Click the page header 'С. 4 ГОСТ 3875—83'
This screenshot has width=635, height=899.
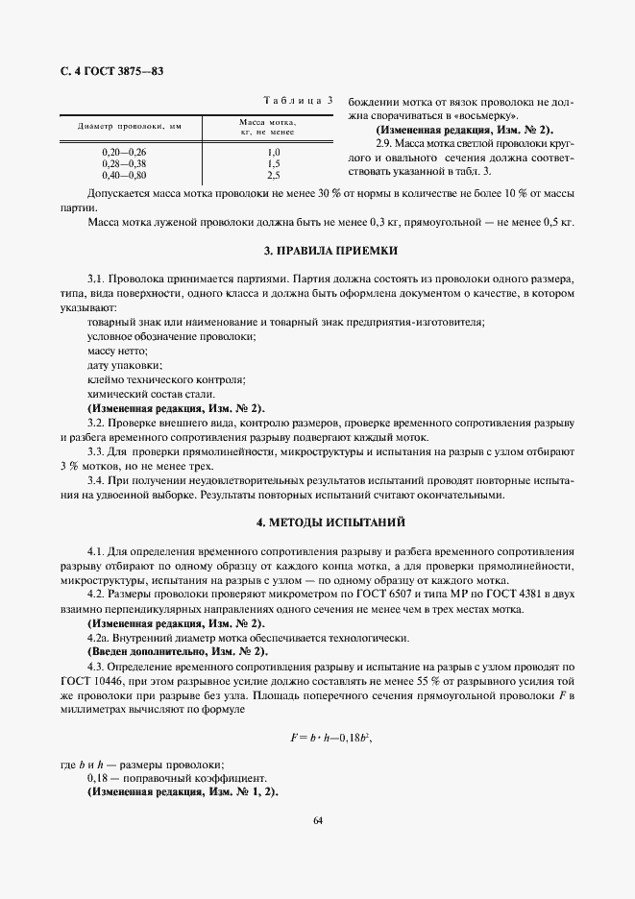(110, 71)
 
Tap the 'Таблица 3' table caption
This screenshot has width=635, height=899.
(298, 99)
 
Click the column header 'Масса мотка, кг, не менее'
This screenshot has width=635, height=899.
(274, 127)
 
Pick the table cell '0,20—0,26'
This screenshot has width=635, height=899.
(124, 153)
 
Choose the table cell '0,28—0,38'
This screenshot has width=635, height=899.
(124, 164)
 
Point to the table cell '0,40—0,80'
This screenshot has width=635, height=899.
(124, 176)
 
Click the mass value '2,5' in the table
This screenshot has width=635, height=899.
(274, 176)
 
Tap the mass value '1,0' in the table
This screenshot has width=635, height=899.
(274, 153)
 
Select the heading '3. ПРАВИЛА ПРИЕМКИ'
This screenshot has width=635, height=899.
(317, 251)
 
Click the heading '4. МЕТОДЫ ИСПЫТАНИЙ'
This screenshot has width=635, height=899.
(317, 522)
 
